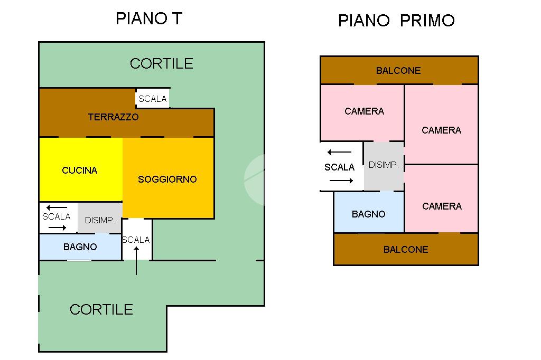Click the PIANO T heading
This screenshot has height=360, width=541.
[x=148, y=19]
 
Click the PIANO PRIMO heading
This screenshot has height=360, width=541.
[x=396, y=21]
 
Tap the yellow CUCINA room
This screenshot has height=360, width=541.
[x=80, y=170]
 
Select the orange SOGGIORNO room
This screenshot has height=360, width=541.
[x=167, y=179]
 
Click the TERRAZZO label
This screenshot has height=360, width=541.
[x=113, y=117]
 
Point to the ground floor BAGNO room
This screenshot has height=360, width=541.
[x=80, y=247]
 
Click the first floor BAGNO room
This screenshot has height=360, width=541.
[x=369, y=214]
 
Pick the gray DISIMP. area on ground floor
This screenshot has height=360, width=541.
[x=100, y=220]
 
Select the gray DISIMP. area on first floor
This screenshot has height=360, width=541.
[x=384, y=165]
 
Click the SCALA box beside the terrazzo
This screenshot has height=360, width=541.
[x=153, y=99]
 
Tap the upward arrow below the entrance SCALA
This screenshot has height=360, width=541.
[x=136, y=261]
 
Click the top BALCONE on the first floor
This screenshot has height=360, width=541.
[x=398, y=71]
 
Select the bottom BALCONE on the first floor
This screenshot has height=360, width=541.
[x=406, y=249]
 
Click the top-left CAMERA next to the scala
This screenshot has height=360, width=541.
[x=364, y=111]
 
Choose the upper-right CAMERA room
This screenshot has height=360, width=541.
[x=441, y=130]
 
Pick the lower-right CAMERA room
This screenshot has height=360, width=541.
[x=442, y=206]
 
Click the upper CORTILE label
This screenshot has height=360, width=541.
[x=161, y=64]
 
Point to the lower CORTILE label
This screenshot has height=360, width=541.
[x=101, y=309]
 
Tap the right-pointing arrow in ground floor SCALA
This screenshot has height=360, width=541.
[x=57, y=228]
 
